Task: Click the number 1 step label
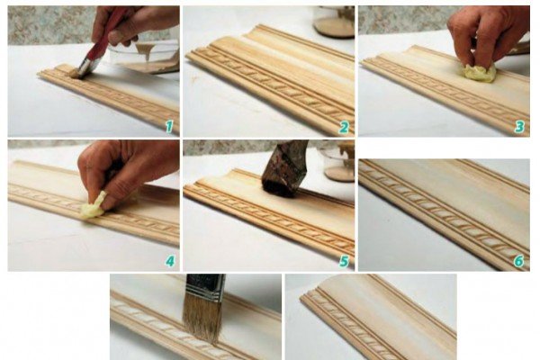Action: click(169, 127)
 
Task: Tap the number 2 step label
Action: click(344, 128)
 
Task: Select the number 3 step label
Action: click(519, 128)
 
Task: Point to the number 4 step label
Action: click(170, 262)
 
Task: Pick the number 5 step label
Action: click(344, 262)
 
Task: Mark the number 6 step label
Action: click(519, 262)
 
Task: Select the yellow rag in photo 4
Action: click(93, 207)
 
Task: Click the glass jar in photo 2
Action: click(334, 22)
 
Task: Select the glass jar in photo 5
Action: click(338, 161)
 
